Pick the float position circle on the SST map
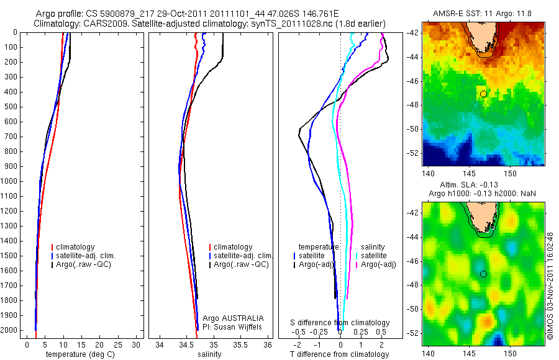coord(483,94)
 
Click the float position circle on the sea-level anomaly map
coord(483,274)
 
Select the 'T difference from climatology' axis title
coord(339,354)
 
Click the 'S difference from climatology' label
coord(340,323)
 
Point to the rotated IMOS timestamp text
coord(549,286)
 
